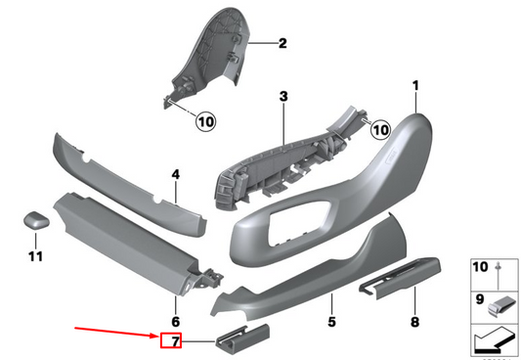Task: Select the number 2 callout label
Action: coord(282,43)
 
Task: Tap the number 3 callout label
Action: coord(282,97)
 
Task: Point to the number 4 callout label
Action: coord(176,175)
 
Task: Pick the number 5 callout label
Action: coord(331,321)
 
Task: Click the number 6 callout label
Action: coord(176,321)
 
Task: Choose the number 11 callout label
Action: coord(36,256)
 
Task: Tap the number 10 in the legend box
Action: coord(480,266)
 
